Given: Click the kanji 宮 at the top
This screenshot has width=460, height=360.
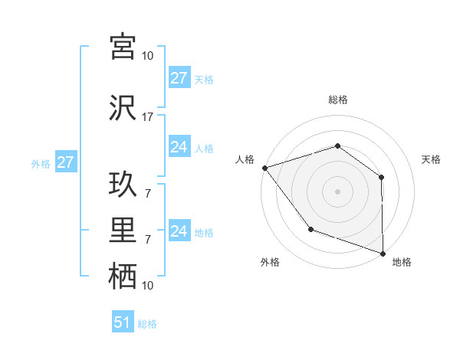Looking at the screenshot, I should (x=123, y=47).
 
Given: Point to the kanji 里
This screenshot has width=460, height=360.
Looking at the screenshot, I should (x=123, y=231).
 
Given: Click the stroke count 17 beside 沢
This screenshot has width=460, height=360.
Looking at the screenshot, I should (x=148, y=117).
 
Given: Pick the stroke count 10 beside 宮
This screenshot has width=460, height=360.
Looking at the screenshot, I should (x=148, y=56).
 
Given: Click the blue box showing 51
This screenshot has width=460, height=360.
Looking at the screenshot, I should (x=123, y=322).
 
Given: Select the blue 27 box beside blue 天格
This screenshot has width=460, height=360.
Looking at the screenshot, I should (x=179, y=78).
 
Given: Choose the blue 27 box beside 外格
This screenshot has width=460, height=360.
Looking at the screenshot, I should (x=64, y=162).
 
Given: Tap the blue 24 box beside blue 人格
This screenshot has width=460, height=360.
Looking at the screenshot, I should (x=179, y=147).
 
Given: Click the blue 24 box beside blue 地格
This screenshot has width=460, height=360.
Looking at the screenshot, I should (x=179, y=231).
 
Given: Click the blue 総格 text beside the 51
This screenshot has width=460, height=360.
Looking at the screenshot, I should (x=147, y=324).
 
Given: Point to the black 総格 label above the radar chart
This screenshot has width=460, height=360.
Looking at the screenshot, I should (x=337, y=100).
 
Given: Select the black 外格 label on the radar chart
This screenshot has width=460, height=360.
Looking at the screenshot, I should (x=270, y=262).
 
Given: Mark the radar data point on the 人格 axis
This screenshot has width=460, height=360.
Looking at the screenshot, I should (x=264, y=167).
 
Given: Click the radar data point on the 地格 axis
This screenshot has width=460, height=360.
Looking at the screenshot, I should (x=383, y=253).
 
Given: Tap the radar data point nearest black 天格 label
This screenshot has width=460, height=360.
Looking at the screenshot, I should (x=381, y=177).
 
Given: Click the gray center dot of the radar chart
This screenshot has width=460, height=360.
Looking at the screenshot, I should (x=337, y=191).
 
